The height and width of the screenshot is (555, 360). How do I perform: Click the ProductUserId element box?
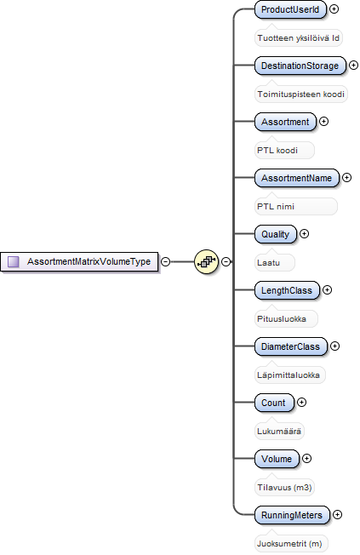point(290,9)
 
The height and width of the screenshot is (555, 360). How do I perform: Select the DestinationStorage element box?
point(300,66)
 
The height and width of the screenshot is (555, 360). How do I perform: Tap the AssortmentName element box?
point(297,178)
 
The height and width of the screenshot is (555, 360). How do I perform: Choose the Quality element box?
point(276,234)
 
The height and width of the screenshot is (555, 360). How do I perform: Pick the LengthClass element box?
point(287,290)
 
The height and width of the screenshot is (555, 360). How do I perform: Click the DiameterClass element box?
point(290,346)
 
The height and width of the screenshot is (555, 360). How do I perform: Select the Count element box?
point(274,403)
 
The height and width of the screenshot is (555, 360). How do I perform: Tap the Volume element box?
point(277,459)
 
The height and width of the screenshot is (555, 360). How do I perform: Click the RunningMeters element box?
point(292,515)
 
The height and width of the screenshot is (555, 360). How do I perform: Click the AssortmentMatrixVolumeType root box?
point(79,262)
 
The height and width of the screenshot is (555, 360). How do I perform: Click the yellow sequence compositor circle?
point(206,262)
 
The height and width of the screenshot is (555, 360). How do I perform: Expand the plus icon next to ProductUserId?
point(334,9)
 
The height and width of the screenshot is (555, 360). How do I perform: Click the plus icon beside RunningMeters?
point(337,515)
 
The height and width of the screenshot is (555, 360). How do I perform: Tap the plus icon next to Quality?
point(304,233)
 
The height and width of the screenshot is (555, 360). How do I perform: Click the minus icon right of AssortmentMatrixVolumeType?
point(165,261)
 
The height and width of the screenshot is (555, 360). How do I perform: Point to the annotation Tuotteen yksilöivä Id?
point(299,37)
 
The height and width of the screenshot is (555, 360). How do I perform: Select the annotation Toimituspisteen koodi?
point(301,94)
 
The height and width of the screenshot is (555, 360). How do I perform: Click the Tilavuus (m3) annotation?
point(284,488)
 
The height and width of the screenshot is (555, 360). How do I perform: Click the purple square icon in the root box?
point(14,262)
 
